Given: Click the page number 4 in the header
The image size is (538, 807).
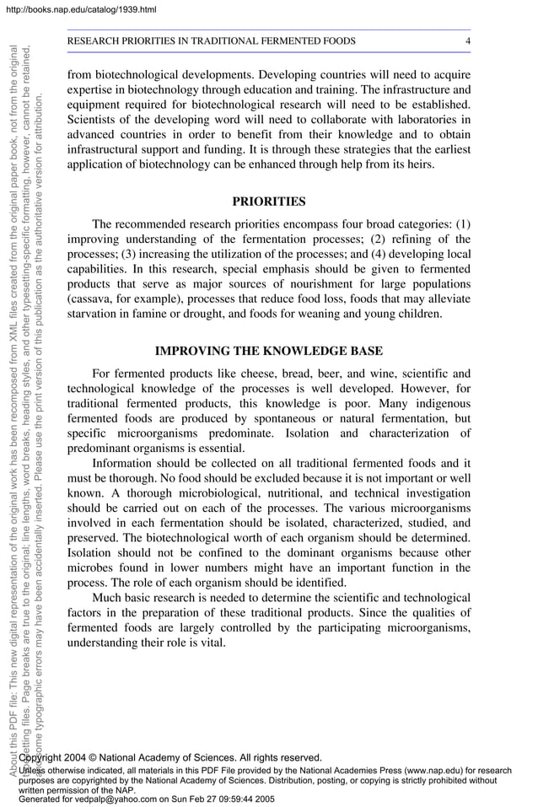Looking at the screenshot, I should [x=468, y=41].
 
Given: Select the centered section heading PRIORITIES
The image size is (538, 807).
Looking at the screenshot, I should [x=268, y=202].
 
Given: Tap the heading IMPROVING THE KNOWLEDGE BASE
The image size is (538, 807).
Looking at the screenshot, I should [x=268, y=351].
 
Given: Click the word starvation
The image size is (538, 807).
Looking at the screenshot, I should [x=94, y=315].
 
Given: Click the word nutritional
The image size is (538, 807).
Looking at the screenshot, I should [x=304, y=493].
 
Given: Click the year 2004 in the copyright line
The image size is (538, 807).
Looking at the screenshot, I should [x=83, y=758].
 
